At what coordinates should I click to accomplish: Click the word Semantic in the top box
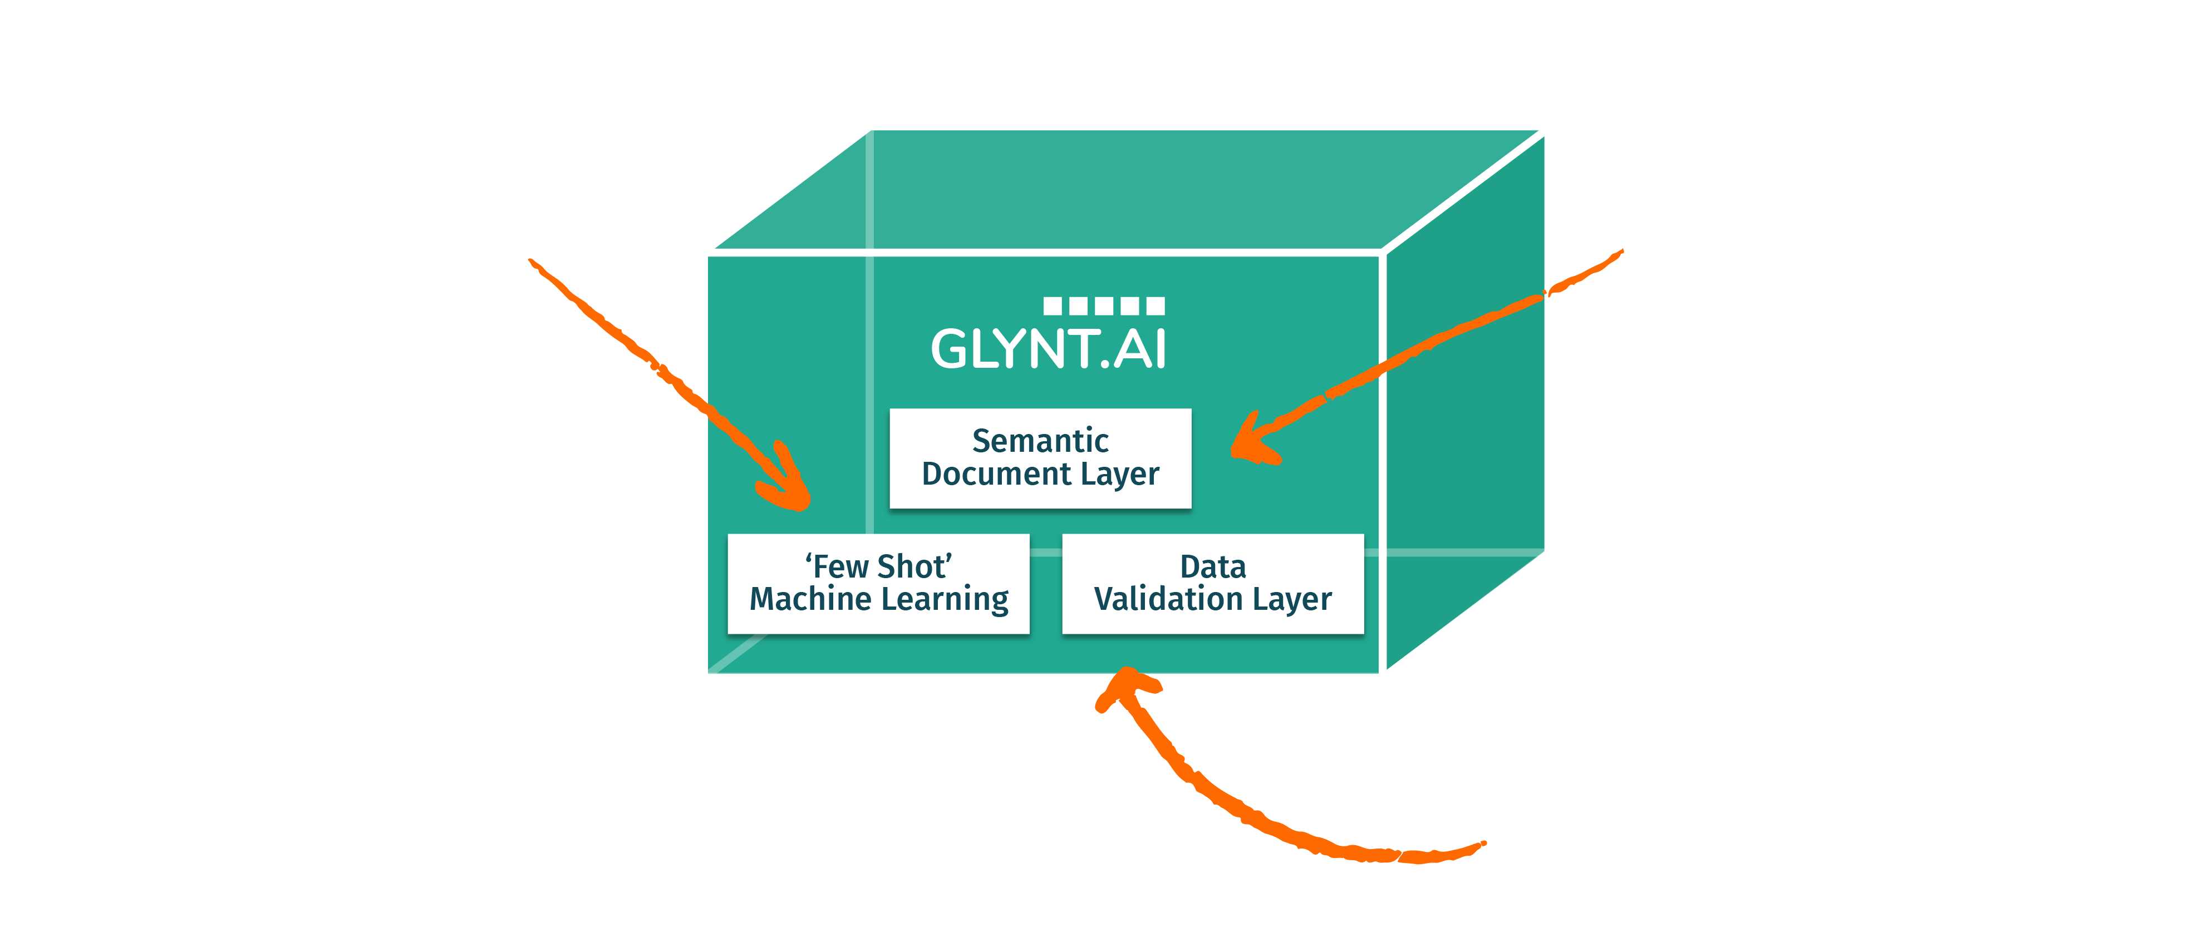click(x=1040, y=441)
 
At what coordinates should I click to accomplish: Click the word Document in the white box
click(x=996, y=474)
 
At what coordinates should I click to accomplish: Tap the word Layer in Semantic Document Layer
click(x=1119, y=474)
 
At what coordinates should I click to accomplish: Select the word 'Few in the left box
click(x=839, y=567)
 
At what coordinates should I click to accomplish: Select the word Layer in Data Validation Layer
click(x=1292, y=600)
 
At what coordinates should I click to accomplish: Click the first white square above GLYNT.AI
click(x=1052, y=305)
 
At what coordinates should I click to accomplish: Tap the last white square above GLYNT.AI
click(x=1155, y=305)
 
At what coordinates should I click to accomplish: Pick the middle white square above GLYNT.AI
click(x=1104, y=305)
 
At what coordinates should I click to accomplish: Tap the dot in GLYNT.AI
click(x=1105, y=364)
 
